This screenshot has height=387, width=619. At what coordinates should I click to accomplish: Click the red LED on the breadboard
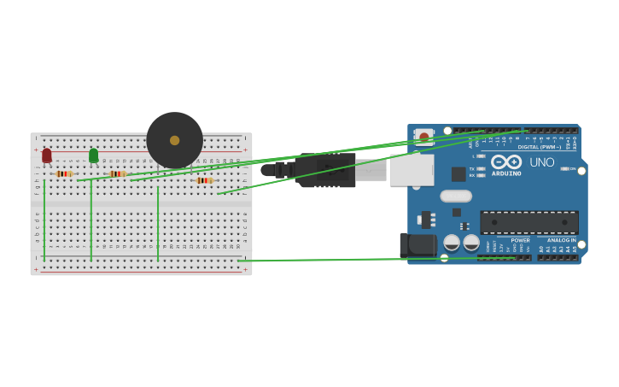tap(47, 155)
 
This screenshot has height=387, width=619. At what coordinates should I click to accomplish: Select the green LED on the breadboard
tap(93, 155)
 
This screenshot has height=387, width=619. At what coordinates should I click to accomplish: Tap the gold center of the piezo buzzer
tap(174, 140)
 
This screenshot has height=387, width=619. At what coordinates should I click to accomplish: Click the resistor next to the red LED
tap(64, 173)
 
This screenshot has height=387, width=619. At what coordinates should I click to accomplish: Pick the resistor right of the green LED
tap(117, 173)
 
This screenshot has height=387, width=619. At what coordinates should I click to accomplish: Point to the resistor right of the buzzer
tap(203, 180)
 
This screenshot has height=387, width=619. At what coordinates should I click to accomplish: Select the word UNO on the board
tap(541, 162)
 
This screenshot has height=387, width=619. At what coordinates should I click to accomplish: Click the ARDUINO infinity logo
tap(506, 162)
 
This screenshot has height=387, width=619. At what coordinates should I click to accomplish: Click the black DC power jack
tap(418, 245)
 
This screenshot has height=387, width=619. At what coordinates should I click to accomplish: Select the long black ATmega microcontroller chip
tap(528, 223)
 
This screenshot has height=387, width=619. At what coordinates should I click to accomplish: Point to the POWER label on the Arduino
tap(520, 240)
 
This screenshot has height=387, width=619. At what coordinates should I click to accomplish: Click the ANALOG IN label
tap(561, 240)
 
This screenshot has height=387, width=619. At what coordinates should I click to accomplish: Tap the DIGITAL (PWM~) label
tap(539, 147)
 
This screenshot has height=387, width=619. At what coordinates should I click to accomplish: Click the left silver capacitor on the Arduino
tap(452, 243)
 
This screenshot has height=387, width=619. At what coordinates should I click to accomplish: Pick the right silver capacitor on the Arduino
tap(471, 243)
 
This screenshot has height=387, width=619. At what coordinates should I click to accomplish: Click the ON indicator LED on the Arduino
tap(564, 168)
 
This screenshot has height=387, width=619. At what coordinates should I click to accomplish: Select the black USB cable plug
tap(324, 170)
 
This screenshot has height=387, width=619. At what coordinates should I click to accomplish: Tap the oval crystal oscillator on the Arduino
tap(456, 196)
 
